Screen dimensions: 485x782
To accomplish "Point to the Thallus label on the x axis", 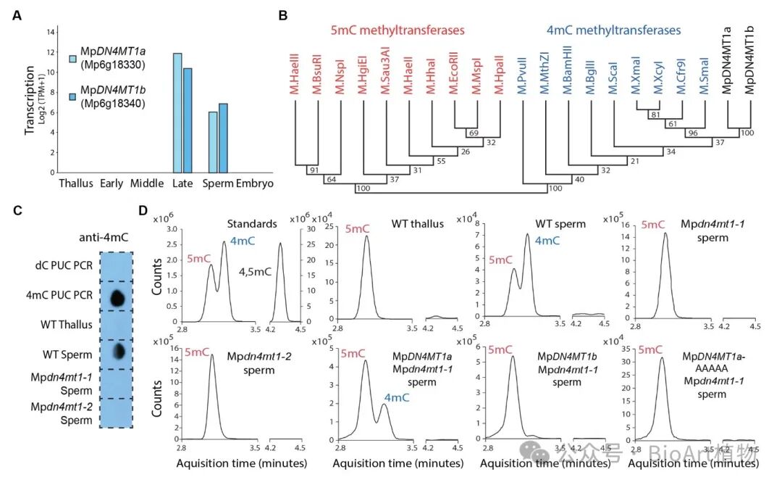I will point(75,183).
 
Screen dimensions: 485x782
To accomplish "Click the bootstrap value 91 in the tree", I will point(313,171).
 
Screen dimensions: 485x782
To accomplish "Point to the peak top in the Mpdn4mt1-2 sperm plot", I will point(211,355).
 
